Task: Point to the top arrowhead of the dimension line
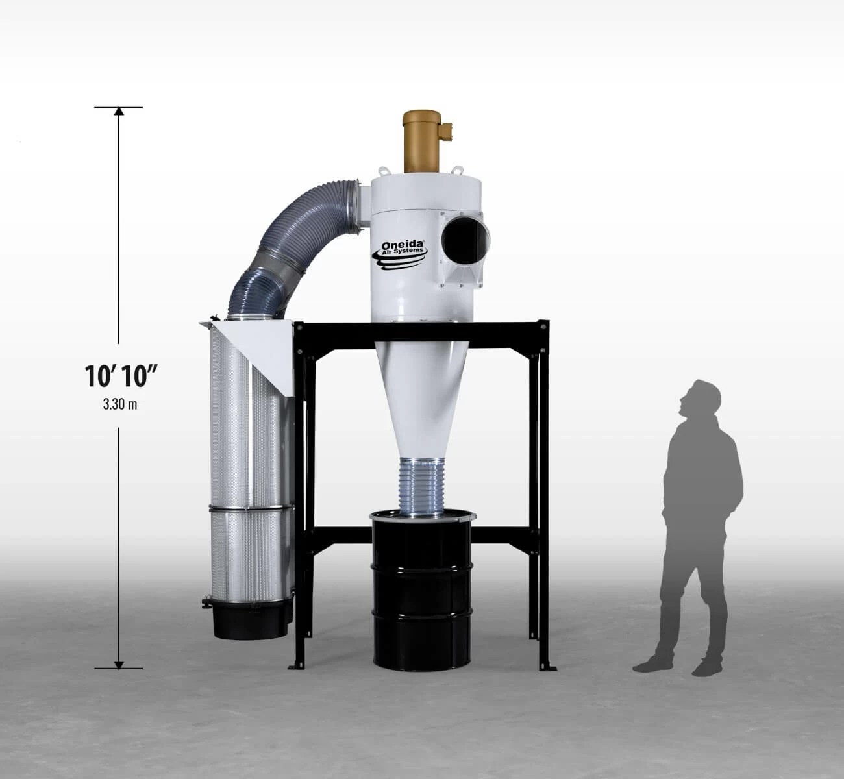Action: coord(118,111)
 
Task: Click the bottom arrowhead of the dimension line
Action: coord(118,663)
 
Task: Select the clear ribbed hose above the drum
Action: coord(423,484)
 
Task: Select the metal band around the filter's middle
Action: coord(250,506)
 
